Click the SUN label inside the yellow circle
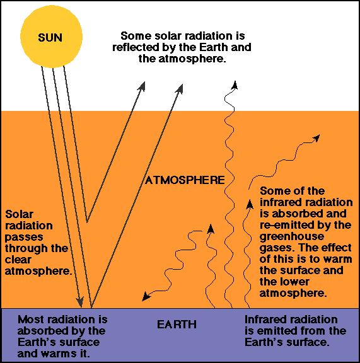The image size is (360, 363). tap(50, 38)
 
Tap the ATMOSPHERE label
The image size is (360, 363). tap(185, 180)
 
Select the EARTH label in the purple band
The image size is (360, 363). tap(177, 325)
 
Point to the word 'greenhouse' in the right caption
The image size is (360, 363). tap(292, 237)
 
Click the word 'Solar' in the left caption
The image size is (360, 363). tap(19, 214)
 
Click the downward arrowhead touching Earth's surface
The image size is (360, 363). tap(80, 301)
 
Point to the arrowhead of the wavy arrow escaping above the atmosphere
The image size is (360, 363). tap(235, 85)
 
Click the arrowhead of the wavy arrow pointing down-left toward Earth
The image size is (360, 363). tap(146, 297)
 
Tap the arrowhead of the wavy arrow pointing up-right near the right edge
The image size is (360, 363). tap(316, 138)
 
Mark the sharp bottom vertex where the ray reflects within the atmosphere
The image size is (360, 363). tap(87, 222)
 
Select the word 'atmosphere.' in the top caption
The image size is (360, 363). tap(192, 59)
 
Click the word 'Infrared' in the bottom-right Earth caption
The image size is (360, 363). tap(263, 320)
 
